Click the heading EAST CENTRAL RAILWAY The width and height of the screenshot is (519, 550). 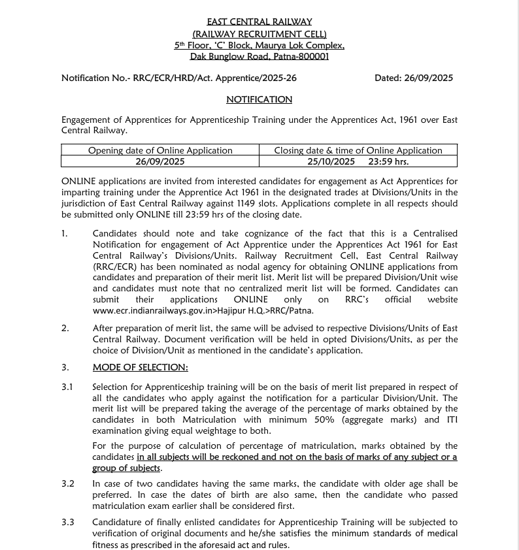click(x=259, y=22)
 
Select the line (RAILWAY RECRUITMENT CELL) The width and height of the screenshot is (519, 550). click(x=259, y=33)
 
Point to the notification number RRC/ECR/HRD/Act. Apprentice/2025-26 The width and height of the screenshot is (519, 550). click(x=214, y=78)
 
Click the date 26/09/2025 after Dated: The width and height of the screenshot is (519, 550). click(x=428, y=78)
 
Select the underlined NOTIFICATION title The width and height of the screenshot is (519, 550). click(x=259, y=99)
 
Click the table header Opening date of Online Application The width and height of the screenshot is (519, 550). click(x=160, y=150)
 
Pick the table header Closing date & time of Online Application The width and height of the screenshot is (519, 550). click(x=358, y=150)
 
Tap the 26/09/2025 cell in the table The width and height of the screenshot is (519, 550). click(x=160, y=161)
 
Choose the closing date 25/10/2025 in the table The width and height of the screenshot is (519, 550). click(x=331, y=161)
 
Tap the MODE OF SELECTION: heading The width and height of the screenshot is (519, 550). click(x=140, y=367)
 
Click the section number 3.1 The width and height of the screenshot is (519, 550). click(x=68, y=387)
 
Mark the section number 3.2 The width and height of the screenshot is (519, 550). click(x=68, y=484)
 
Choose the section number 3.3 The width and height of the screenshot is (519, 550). click(x=68, y=522)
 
